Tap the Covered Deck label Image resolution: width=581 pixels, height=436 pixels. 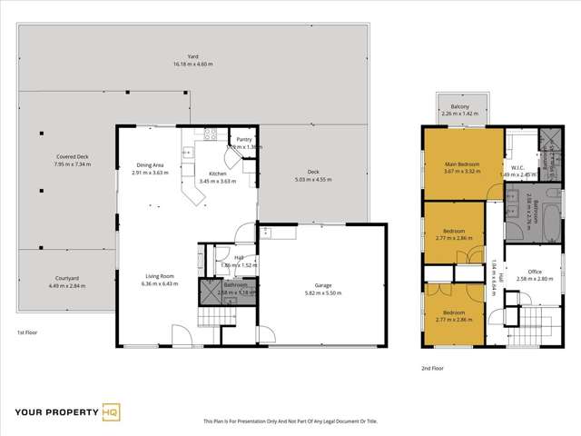[72, 157]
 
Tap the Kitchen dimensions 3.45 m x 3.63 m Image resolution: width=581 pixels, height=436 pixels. [218, 180]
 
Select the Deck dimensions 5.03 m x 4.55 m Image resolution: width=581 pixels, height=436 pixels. [313, 180]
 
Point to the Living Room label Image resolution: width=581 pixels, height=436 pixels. [160, 276]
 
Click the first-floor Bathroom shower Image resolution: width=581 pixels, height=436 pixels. [210, 290]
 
